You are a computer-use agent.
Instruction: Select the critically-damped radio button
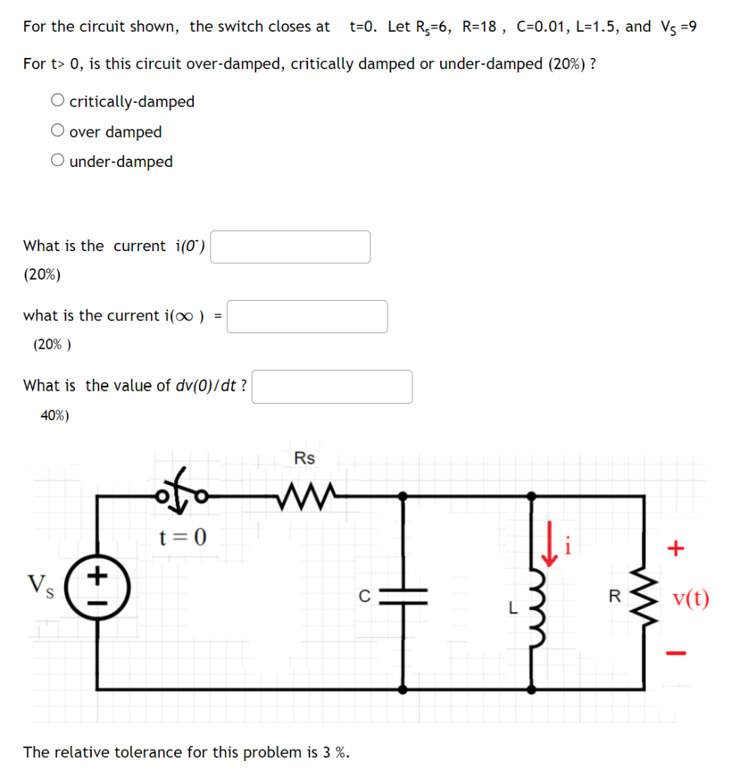coord(58,101)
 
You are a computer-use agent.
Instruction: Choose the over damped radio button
coord(58,131)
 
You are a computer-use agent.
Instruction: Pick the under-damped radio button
coord(58,161)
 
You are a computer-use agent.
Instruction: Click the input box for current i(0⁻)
coord(290,247)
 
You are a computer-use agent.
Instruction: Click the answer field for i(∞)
coord(307,317)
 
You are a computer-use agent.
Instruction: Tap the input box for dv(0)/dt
coord(332,387)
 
